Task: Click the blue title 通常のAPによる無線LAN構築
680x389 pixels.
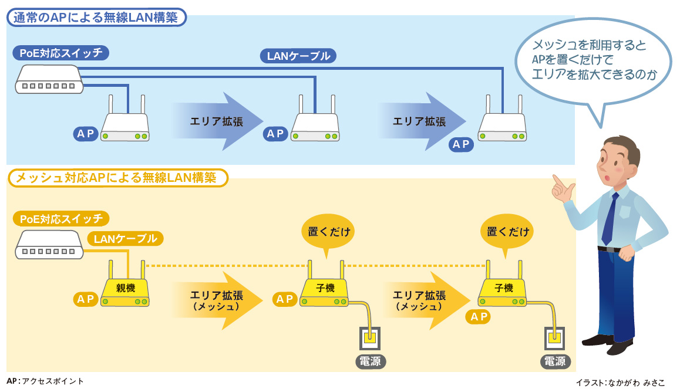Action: coord(97,18)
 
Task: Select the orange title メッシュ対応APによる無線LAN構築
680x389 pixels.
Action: coord(117,178)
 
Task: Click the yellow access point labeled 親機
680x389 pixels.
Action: coord(125,292)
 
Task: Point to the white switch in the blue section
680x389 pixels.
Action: coord(48,79)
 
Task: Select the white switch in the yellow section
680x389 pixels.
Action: coord(48,245)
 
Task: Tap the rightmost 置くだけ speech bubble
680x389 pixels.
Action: coord(508,232)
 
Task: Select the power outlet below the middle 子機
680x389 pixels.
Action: coord(370,338)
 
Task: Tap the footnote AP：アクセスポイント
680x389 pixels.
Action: coord(45,381)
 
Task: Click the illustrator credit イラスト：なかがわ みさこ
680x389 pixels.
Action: coord(621,383)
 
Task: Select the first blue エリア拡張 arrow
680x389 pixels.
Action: coord(216,121)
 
